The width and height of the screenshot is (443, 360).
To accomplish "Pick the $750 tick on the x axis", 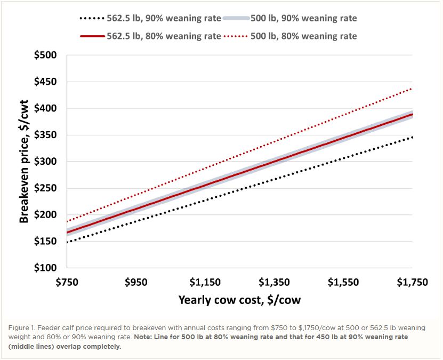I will [67, 282].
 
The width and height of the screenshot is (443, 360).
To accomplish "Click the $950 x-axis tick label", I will [136, 282].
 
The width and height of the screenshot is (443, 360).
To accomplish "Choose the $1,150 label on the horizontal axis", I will [205, 282].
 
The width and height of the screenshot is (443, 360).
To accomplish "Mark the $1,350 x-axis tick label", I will [274, 282].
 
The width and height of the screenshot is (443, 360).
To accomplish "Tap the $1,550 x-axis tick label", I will [343, 282].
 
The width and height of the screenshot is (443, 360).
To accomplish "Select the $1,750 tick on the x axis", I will [412, 282].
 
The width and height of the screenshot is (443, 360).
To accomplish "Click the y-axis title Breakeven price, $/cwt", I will [25, 162].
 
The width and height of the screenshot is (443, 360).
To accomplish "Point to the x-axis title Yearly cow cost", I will [239, 300].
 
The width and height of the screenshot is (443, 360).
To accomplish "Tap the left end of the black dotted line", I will [68, 242].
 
